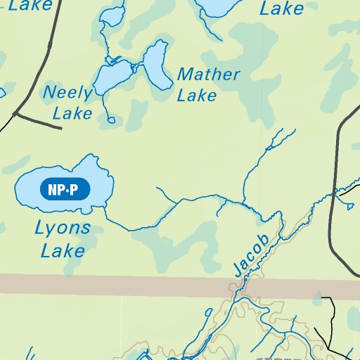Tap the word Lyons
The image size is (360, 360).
[63, 228]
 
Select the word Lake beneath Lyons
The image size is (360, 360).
[63, 250]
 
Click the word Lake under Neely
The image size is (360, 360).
[72, 112]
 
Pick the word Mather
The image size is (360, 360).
[208, 75]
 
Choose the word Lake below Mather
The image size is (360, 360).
[197, 95]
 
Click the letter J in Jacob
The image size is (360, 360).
[237, 269]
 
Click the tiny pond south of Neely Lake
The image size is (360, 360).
[111, 120]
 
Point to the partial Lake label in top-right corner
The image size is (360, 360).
[281, 9]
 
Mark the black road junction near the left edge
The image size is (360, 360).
[15, 112]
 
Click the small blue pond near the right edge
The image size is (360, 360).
[349, 205]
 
